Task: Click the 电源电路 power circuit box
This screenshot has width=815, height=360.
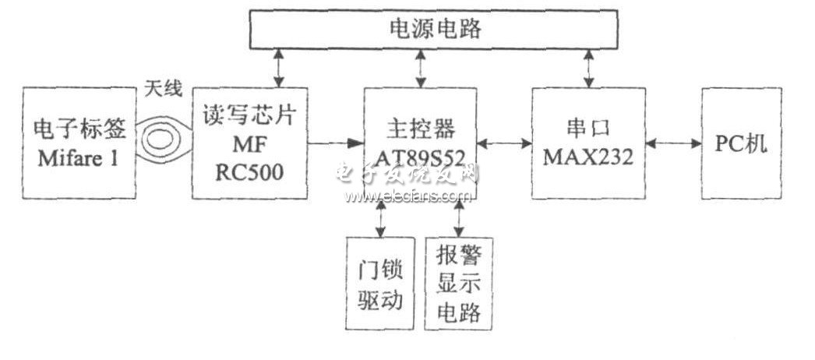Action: pyautogui.click(x=433, y=29)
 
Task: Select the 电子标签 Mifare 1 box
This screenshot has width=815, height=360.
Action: pyautogui.click(x=79, y=143)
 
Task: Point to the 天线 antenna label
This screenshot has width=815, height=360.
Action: pyautogui.click(x=163, y=89)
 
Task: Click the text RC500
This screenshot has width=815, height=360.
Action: pyautogui.click(x=249, y=172)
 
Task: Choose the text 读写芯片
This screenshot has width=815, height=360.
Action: pyautogui.click(x=249, y=116)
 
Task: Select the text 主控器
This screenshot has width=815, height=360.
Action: pyautogui.click(x=421, y=128)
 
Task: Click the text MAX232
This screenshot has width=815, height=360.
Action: pyautogui.click(x=588, y=157)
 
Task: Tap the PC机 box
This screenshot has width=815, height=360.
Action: pyautogui.click(x=741, y=143)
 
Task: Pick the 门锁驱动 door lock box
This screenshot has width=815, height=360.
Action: pyautogui.click(x=380, y=284)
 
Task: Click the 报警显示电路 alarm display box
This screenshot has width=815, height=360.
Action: pyautogui.click(x=458, y=284)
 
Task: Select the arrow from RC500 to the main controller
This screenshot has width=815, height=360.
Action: pyautogui.click(x=335, y=143)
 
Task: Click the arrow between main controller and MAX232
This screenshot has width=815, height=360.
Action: pyautogui.click(x=504, y=143)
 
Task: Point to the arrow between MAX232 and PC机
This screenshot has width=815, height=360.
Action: pyautogui.click(x=674, y=143)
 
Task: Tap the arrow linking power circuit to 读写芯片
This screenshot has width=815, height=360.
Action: pyautogui.click(x=280, y=68)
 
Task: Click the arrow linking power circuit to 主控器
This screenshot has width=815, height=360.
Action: pyautogui.click(x=421, y=68)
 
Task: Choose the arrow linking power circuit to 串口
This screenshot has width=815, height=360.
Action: pyautogui.click(x=588, y=68)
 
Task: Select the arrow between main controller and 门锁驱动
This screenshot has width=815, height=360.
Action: pyautogui.click(x=381, y=218)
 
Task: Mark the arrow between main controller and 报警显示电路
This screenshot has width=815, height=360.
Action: pyautogui.click(x=458, y=218)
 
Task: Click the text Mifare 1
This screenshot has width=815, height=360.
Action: pyautogui.click(x=79, y=158)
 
